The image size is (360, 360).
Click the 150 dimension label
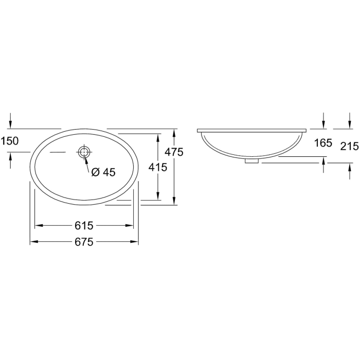[x=9, y=141]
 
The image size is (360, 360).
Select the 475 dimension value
[x=174, y=152]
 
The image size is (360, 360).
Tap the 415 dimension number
[x=158, y=167]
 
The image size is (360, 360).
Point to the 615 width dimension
[x=84, y=225]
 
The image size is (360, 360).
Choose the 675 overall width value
[x=84, y=242]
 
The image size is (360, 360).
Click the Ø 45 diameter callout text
[x=103, y=172]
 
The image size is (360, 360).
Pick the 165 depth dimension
[x=323, y=143]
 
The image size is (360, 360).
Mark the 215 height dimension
[x=350, y=146]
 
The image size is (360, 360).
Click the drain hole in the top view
[x=84, y=152]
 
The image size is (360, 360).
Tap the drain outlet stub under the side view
[x=251, y=161]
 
